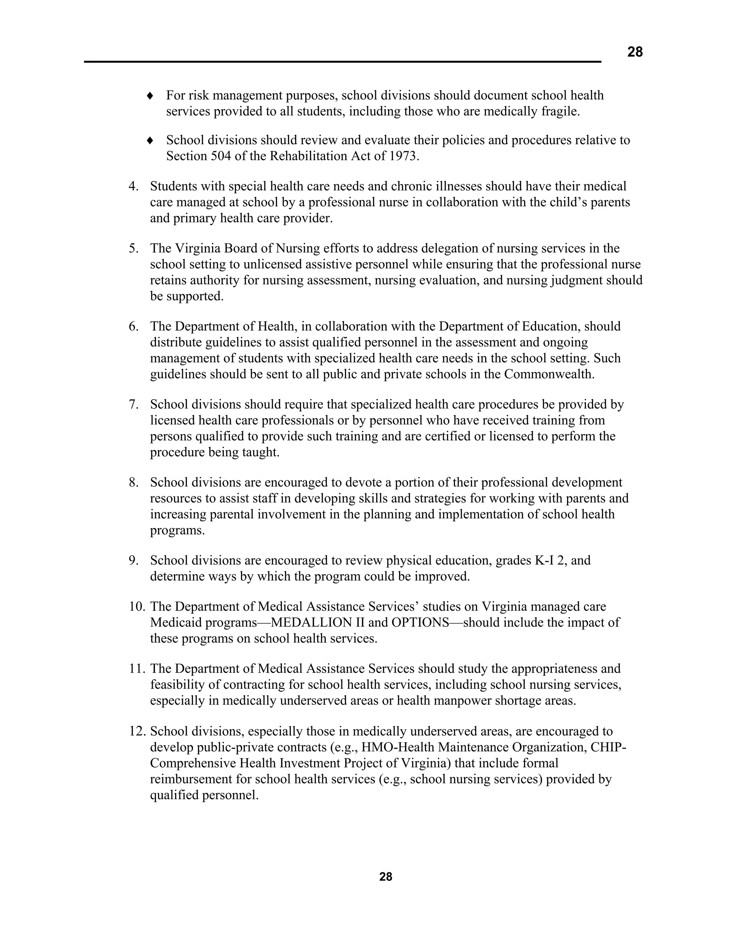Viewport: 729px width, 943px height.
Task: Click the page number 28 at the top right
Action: (x=634, y=52)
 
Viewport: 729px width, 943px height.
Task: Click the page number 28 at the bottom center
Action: (x=386, y=876)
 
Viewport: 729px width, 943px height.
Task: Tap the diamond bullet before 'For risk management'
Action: (x=150, y=95)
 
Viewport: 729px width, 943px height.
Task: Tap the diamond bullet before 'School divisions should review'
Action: (x=150, y=140)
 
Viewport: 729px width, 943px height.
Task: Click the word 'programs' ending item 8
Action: (x=177, y=531)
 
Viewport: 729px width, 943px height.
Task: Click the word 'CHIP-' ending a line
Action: (x=608, y=747)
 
